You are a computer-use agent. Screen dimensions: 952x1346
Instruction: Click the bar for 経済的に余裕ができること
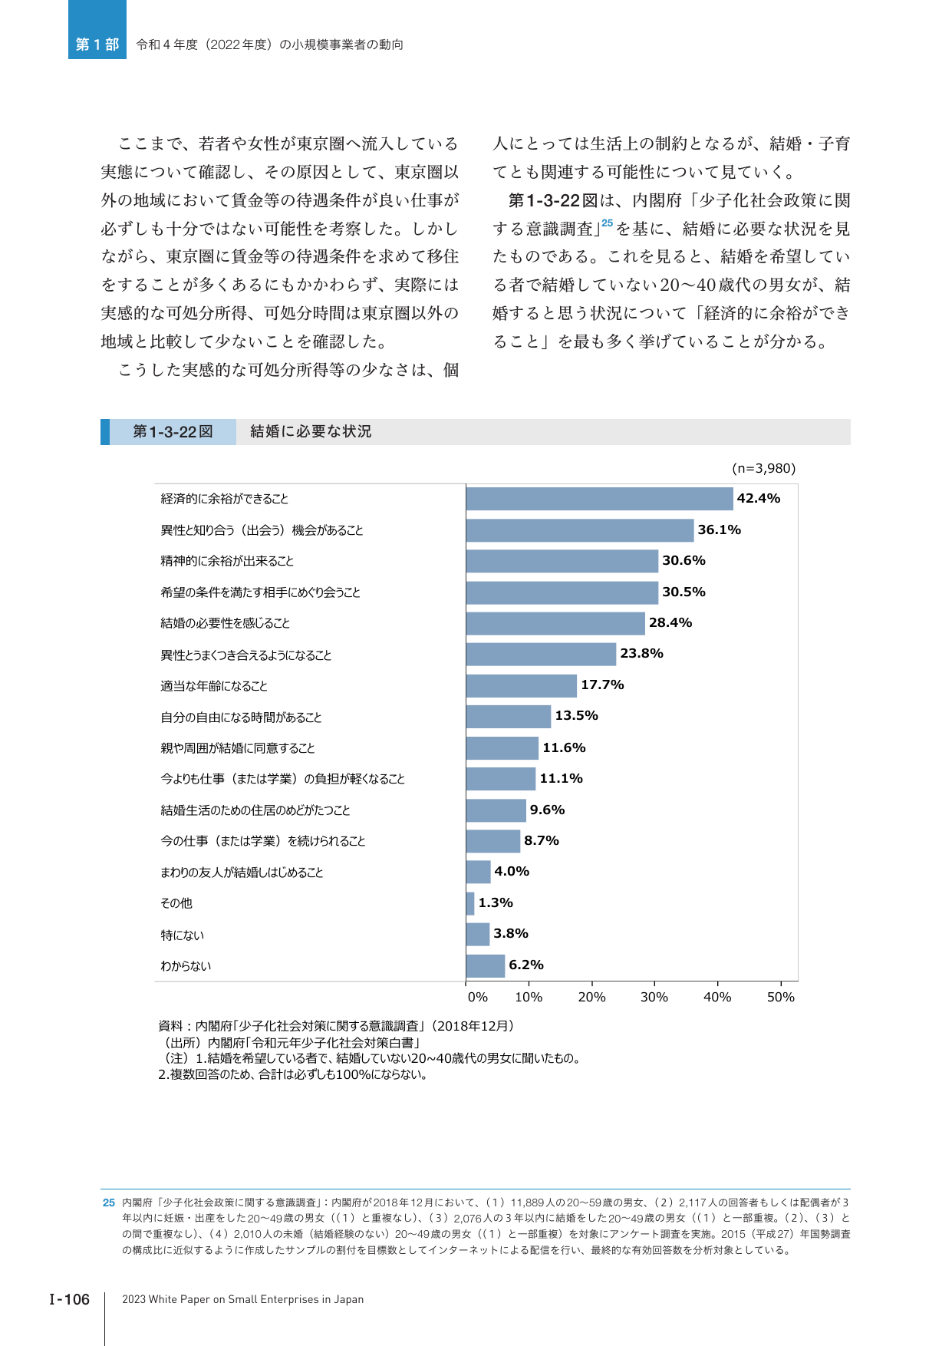coord(599,499)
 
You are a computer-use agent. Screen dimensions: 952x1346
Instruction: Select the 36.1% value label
coord(720,529)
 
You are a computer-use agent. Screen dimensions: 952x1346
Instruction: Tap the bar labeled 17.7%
coord(521,685)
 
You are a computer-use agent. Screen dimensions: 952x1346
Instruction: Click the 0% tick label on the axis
coord(478,997)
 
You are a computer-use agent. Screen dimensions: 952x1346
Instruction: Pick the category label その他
coord(176,903)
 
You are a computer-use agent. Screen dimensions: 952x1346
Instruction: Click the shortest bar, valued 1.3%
coord(470,903)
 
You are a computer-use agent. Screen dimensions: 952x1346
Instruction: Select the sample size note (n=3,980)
coord(764,468)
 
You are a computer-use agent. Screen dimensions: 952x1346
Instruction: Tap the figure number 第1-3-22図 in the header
coord(173,431)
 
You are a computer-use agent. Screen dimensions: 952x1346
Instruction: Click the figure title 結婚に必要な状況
coord(311,431)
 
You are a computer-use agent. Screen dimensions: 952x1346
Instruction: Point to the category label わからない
coord(186,966)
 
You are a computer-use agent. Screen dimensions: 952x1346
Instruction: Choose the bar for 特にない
coord(477,935)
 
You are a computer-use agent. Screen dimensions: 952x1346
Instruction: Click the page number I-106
coord(70,1299)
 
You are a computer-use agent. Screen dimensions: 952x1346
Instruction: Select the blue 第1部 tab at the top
coord(97,30)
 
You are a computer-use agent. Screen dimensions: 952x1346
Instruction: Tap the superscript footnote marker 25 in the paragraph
coord(608,223)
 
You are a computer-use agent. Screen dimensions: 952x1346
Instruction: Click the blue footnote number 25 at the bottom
coord(109,1202)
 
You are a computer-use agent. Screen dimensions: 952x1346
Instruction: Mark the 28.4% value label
coord(670,622)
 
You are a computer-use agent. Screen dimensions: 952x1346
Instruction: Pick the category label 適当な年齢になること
coord(214,686)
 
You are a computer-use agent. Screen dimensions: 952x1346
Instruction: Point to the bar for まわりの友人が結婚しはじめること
coord(478,872)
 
